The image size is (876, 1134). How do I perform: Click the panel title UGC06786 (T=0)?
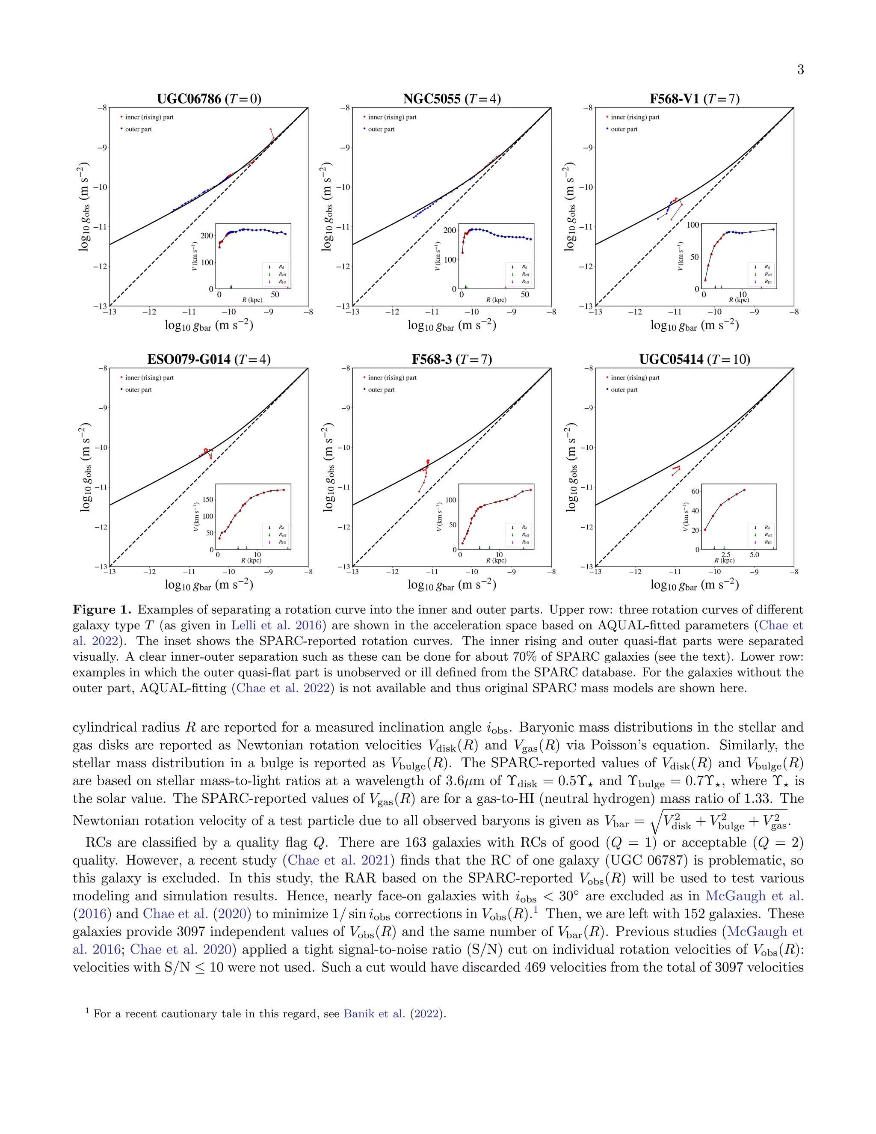point(209,99)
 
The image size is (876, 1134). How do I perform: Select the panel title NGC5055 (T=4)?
point(452,99)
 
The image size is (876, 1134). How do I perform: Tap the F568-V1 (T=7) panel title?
point(694,99)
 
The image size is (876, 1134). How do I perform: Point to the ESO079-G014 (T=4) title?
point(209,359)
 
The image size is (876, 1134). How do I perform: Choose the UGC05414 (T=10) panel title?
point(694,359)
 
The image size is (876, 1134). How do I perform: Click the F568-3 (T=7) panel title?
point(452,359)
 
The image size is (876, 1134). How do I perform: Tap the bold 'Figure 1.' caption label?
point(102,609)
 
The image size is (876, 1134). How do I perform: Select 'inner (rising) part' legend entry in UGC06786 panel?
point(149,117)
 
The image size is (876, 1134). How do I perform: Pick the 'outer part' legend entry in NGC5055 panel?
point(381,129)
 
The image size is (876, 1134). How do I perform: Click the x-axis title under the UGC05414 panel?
point(694,585)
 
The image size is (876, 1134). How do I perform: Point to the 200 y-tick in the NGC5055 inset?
point(450,231)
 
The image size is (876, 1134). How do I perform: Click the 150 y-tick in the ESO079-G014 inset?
point(207,499)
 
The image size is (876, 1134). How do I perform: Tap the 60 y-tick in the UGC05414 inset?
point(695,491)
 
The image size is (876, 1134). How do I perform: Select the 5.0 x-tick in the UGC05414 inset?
point(754,555)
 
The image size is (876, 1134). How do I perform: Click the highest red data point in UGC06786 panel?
point(270,129)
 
